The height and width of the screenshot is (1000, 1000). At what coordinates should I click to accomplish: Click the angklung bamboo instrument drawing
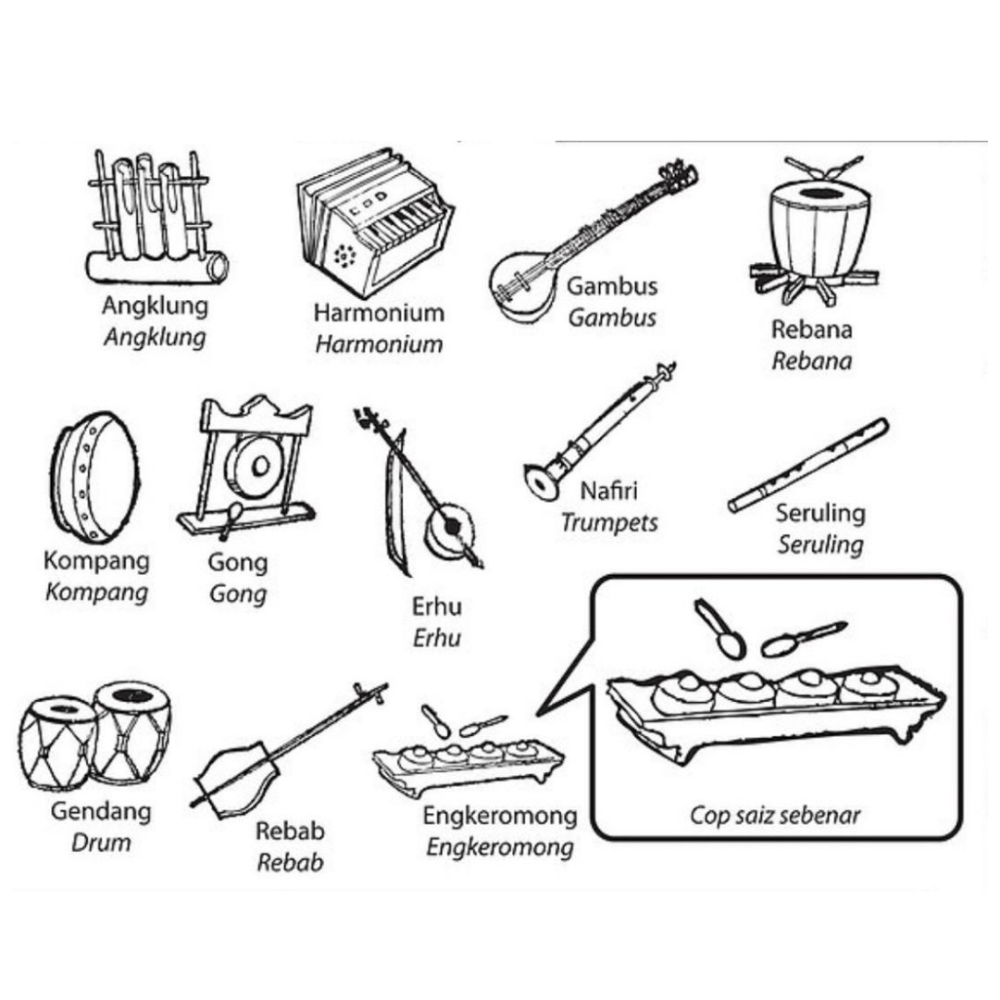[156, 217]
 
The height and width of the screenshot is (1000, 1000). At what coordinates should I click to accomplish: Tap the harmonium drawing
[375, 223]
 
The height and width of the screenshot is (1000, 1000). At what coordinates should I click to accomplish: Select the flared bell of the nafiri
[542, 482]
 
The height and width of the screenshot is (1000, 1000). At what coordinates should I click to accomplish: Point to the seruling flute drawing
[808, 466]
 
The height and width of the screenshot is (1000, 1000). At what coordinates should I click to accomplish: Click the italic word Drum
[101, 843]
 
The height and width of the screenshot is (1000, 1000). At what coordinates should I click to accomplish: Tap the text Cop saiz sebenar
[775, 815]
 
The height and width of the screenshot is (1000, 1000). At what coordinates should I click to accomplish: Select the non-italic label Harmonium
[379, 313]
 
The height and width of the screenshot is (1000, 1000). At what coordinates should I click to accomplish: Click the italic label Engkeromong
[500, 848]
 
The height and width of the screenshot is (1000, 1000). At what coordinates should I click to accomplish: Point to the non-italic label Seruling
[820, 513]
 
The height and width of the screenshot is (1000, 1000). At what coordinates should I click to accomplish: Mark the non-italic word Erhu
[437, 606]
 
